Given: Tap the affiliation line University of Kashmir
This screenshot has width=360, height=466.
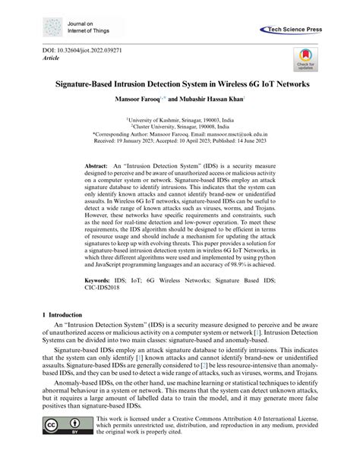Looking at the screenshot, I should tap(181, 119).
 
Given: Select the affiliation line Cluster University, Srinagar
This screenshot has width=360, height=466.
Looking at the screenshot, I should tap(181, 126).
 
